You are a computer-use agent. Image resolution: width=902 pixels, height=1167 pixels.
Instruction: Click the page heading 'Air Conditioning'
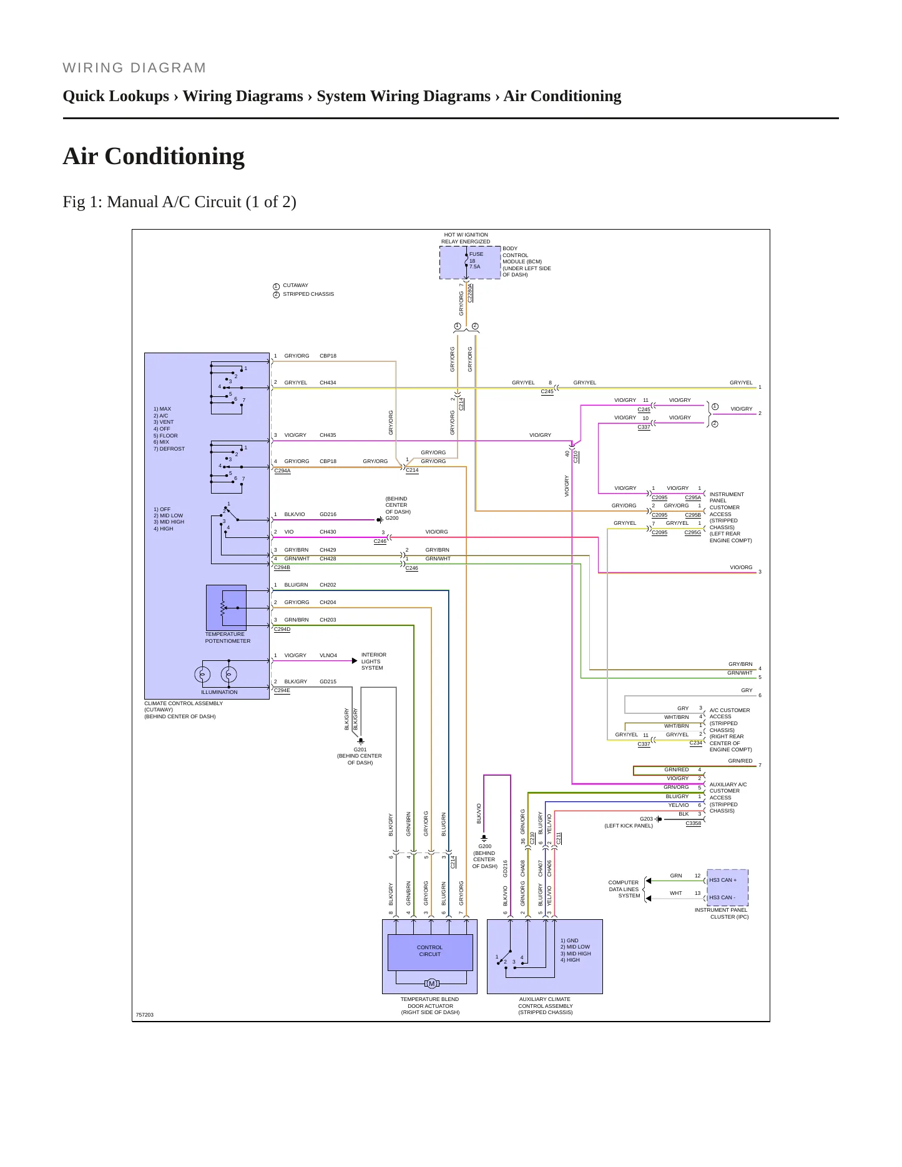pos(154,156)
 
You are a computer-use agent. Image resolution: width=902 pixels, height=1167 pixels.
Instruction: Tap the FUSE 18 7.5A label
pos(476,260)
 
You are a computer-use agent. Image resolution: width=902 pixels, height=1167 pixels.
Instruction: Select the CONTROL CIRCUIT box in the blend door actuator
pos(430,952)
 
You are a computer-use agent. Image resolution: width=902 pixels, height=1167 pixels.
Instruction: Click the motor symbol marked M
pos(431,984)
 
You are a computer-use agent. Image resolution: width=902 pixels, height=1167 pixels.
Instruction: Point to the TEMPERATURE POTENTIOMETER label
pos(228,638)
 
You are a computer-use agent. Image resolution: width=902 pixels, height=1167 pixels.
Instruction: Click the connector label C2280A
pos(470,293)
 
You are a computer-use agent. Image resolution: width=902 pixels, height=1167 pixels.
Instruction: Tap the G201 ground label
pos(360,750)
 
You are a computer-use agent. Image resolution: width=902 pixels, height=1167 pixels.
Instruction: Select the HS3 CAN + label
pos(723,880)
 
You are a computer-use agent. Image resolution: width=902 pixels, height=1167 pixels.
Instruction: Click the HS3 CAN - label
pos(722,897)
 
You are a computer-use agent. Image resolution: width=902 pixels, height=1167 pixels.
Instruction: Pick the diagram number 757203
pos(145,1015)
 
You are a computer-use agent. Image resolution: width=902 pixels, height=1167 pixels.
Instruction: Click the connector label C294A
pos(282,471)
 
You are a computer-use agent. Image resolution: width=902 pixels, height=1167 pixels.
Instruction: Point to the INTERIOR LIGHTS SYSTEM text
pos(374,662)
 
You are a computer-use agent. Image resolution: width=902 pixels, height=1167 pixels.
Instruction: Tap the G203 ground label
pos(646,819)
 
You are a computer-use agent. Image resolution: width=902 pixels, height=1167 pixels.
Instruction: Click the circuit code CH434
pos(328,383)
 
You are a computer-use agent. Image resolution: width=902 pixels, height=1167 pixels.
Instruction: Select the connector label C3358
pos(693,823)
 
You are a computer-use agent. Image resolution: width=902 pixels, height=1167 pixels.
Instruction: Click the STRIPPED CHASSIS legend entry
pos(308,294)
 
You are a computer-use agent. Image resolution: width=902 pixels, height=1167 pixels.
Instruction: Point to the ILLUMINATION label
pos(219,692)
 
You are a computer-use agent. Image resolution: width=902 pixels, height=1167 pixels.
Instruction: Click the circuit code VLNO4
pos(328,655)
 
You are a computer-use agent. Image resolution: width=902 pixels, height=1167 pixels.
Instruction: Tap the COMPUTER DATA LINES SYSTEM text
pos(624,889)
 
